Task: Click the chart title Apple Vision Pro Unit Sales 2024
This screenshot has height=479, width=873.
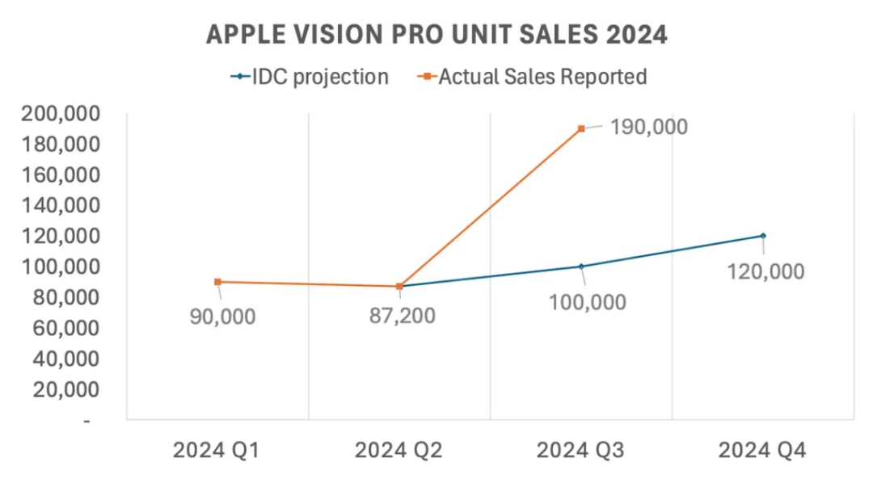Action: pos(436,35)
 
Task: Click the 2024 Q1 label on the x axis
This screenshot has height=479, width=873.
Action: pos(217,450)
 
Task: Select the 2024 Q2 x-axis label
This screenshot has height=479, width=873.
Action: pos(399,450)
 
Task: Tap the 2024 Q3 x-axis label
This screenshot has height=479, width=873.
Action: pos(580,450)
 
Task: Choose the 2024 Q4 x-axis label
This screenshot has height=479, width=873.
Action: pos(762,450)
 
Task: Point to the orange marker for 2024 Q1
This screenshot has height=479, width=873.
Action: pos(217,282)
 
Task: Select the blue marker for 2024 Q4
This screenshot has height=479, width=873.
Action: pos(763,236)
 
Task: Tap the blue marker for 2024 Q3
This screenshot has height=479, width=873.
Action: pos(581,267)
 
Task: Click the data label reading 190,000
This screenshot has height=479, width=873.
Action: pos(649,127)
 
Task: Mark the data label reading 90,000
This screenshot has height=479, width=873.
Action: pos(222,316)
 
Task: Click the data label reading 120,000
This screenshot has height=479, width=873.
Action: pos(765,271)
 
